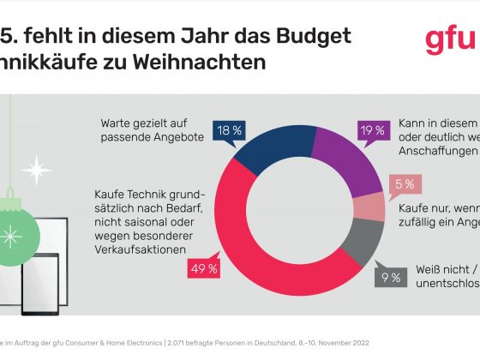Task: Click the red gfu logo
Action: [x=450, y=41]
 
